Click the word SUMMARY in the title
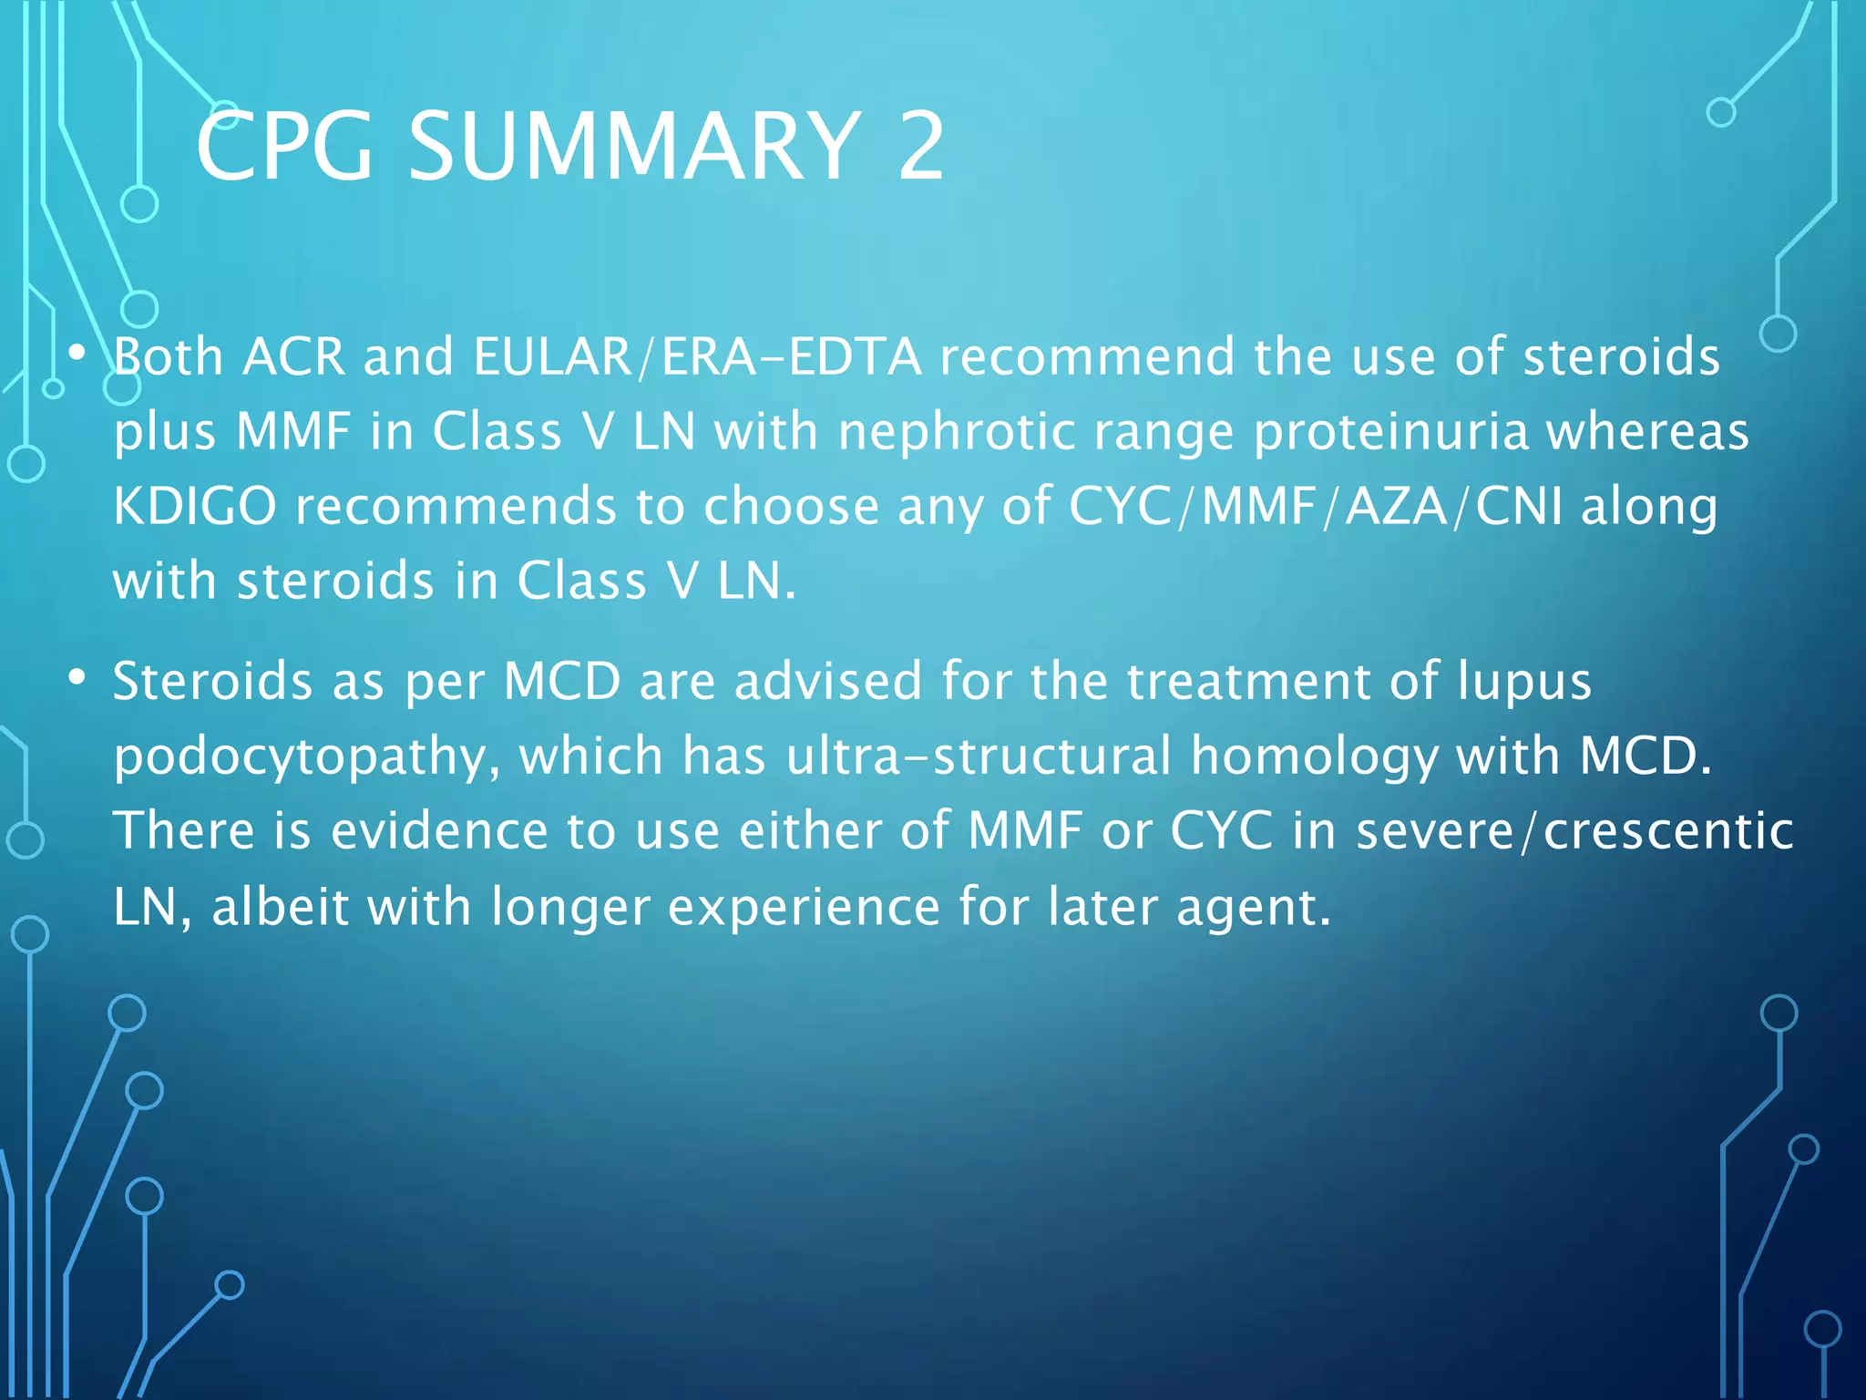tap(632, 146)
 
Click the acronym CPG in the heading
tap(284, 146)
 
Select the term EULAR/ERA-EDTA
tap(697, 356)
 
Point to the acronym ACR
tap(293, 356)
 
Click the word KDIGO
tap(194, 506)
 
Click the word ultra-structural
tap(979, 756)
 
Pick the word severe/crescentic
tap(1574, 831)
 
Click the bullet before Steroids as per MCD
tap(77, 677)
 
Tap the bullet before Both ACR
tap(77, 352)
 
